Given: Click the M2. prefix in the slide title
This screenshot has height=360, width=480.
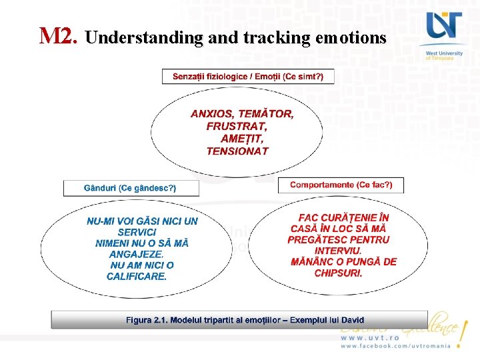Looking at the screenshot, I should (x=59, y=36).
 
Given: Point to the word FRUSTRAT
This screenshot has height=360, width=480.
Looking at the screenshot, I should (x=237, y=126).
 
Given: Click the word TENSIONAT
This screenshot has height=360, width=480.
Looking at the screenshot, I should (x=237, y=151).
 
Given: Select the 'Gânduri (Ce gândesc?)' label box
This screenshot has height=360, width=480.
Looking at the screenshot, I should (x=131, y=188).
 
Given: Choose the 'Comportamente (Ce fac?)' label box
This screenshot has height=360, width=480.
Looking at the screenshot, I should (x=341, y=185).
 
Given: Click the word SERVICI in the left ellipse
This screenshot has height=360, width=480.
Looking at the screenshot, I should (x=137, y=233).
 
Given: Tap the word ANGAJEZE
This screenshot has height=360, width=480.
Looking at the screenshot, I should (x=136, y=254).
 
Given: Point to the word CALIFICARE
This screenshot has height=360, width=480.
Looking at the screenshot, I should (x=137, y=276).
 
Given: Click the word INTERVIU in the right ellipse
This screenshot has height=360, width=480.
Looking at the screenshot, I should (x=338, y=251).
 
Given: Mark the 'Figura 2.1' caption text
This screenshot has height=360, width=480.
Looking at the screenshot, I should (x=245, y=321).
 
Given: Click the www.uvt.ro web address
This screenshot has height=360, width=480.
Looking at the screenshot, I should (x=369, y=338).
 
